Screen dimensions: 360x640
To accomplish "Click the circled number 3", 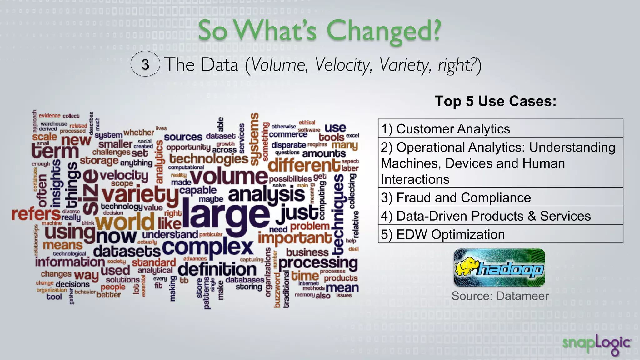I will tap(145, 64).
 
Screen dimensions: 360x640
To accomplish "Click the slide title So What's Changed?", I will tap(319, 31).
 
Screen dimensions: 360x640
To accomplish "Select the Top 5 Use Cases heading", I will tap(495, 101).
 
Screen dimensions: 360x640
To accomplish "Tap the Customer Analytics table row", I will tap(500, 129).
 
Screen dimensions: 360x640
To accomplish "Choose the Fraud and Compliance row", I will tap(500, 197).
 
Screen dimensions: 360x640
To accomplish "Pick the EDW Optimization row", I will tap(500, 234).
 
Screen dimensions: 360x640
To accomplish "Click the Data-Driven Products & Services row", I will tap(500, 216).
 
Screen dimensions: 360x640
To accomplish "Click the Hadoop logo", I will tap(499, 268).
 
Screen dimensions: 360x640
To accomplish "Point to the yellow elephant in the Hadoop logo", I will tap(466, 266).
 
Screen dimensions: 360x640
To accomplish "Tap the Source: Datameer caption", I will tap(500, 296).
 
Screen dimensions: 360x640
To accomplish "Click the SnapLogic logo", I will tap(597, 344).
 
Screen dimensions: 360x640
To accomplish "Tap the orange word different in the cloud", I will tap(304, 165).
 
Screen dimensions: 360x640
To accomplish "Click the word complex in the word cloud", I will tap(207, 248).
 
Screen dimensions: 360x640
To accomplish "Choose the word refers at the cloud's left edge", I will tap(36, 214).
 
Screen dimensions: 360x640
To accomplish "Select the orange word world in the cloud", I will tap(125, 222).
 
